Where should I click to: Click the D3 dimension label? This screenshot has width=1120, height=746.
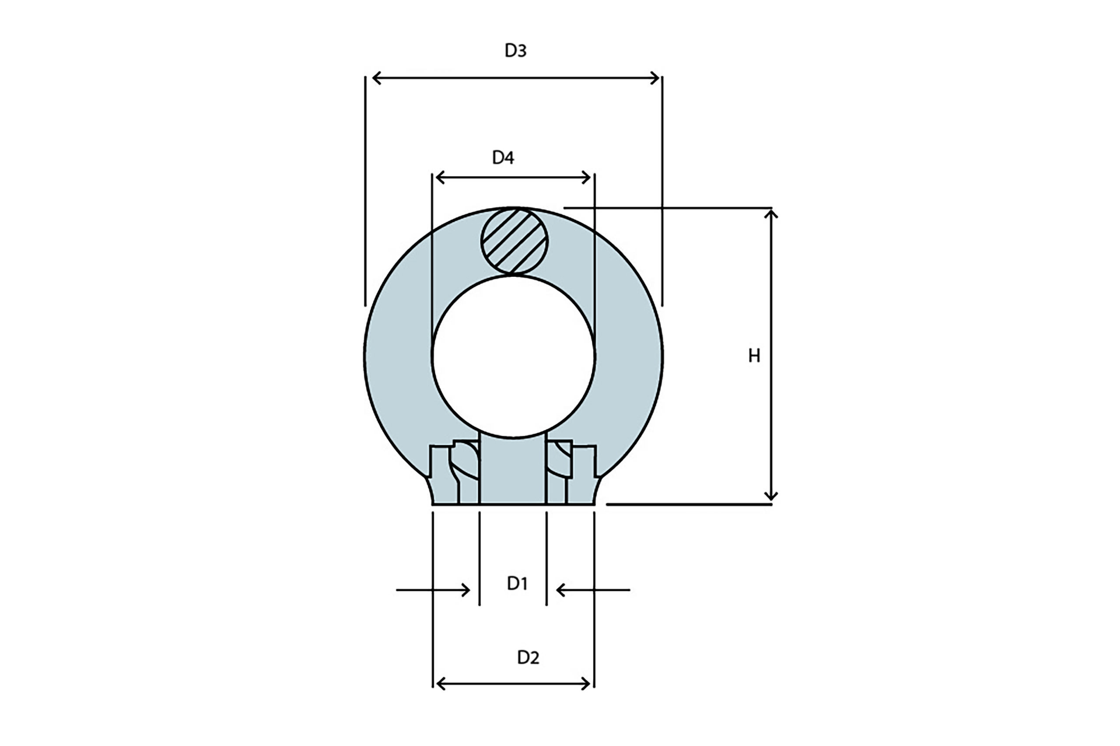point(515,50)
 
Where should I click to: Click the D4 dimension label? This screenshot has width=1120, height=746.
point(503,157)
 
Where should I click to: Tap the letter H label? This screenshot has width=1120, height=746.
point(754,356)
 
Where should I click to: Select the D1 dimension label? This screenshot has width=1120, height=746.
point(517,583)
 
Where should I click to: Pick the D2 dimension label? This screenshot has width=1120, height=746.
point(528,658)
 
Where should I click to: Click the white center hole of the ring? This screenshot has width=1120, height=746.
point(514,356)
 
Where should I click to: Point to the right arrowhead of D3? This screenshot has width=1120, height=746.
point(655,78)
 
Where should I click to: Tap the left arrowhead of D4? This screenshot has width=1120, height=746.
point(440,178)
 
